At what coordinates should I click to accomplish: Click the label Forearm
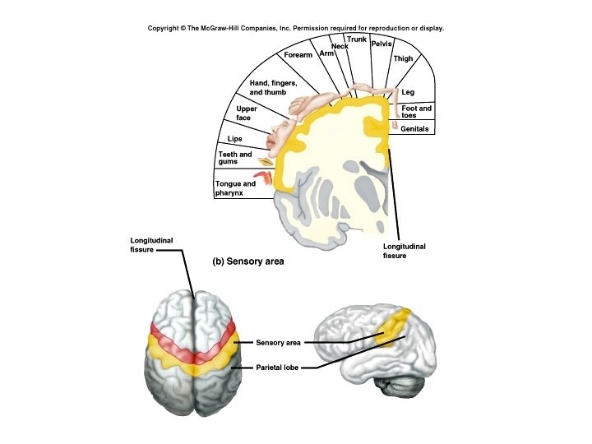pyautogui.click(x=298, y=55)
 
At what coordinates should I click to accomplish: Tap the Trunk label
pyautogui.click(x=357, y=39)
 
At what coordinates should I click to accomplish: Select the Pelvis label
pyautogui.click(x=382, y=43)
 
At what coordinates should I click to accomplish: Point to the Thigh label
pyautogui.click(x=403, y=59)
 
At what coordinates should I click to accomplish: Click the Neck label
pyautogui.click(x=340, y=46)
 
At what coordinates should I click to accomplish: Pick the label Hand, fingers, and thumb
pyautogui.click(x=272, y=88)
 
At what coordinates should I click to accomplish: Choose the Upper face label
pyautogui.click(x=247, y=113)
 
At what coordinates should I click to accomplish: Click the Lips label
pyautogui.click(x=234, y=138)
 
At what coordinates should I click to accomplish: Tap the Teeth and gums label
pyautogui.click(x=234, y=158)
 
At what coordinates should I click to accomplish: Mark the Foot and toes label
pyautogui.click(x=416, y=112)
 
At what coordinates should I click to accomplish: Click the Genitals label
pyautogui.click(x=415, y=129)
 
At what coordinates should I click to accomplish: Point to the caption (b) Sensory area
pyautogui.click(x=248, y=261)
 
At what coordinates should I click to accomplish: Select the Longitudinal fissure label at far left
pyautogui.click(x=152, y=244)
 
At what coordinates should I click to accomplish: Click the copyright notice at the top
pyautogui.click(x=295, y=28)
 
